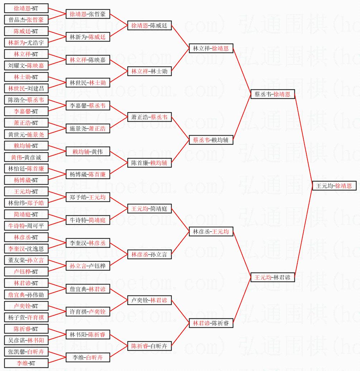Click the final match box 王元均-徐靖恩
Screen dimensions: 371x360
334,186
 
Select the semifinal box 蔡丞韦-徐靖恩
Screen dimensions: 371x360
273,94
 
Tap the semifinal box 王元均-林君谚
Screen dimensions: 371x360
273,277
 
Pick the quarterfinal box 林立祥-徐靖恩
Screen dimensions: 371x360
211,48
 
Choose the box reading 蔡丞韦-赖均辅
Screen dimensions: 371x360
211,140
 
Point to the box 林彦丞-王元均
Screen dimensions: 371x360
211,231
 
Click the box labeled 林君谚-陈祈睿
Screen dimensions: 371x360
211,323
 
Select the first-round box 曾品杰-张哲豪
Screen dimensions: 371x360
26,20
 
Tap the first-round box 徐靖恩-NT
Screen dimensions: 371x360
26,8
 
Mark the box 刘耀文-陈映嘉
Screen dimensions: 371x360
26,65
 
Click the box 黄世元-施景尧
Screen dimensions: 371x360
26,134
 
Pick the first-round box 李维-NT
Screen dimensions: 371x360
26,363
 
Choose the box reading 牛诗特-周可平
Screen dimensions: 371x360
26,226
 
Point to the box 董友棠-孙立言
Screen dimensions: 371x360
26,260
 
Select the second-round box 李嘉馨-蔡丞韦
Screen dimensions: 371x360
88,106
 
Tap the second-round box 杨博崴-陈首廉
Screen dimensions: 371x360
88,174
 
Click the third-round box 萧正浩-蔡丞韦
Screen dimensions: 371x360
149,117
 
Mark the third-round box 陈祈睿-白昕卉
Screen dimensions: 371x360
149,346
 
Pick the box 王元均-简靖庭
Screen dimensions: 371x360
149,209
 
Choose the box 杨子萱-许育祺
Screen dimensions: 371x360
26,317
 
